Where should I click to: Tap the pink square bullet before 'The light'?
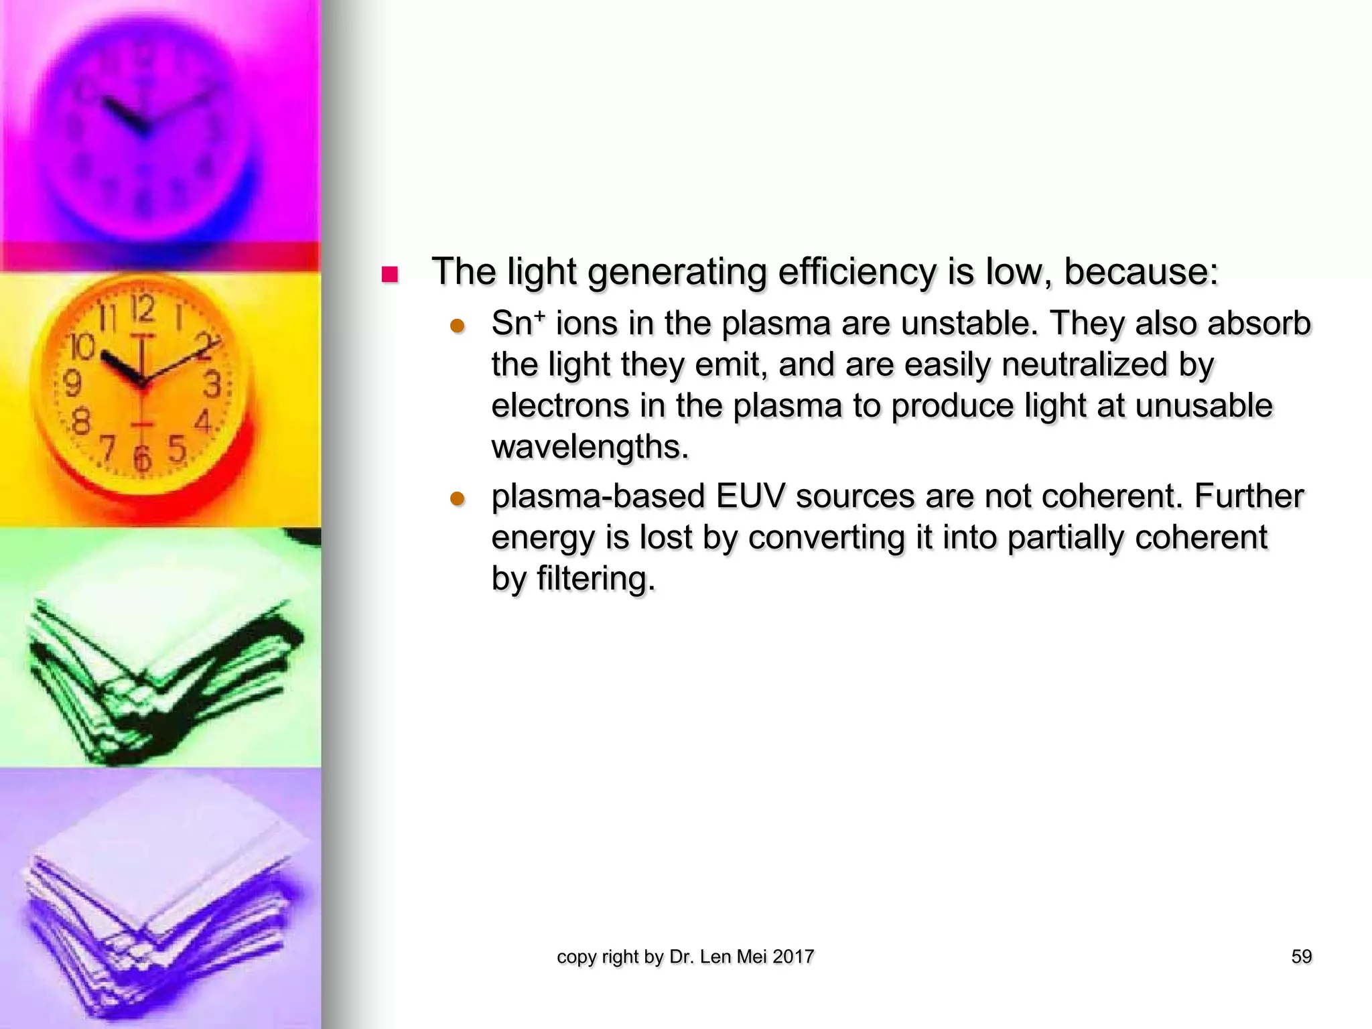tap(389, 275)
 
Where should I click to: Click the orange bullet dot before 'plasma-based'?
tap(458, 499)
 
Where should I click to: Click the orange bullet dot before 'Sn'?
tap(458, 326)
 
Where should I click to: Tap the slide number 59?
tap(1301, 957)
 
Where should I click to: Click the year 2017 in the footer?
tap(793, 957)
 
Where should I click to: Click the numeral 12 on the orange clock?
tap(143, 310)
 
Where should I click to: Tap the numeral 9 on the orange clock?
tap(72, 383)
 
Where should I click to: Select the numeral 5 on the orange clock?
tap(176, 449)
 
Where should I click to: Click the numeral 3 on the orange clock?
tap(212, 385)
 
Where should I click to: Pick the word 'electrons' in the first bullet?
tap(560, 406)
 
